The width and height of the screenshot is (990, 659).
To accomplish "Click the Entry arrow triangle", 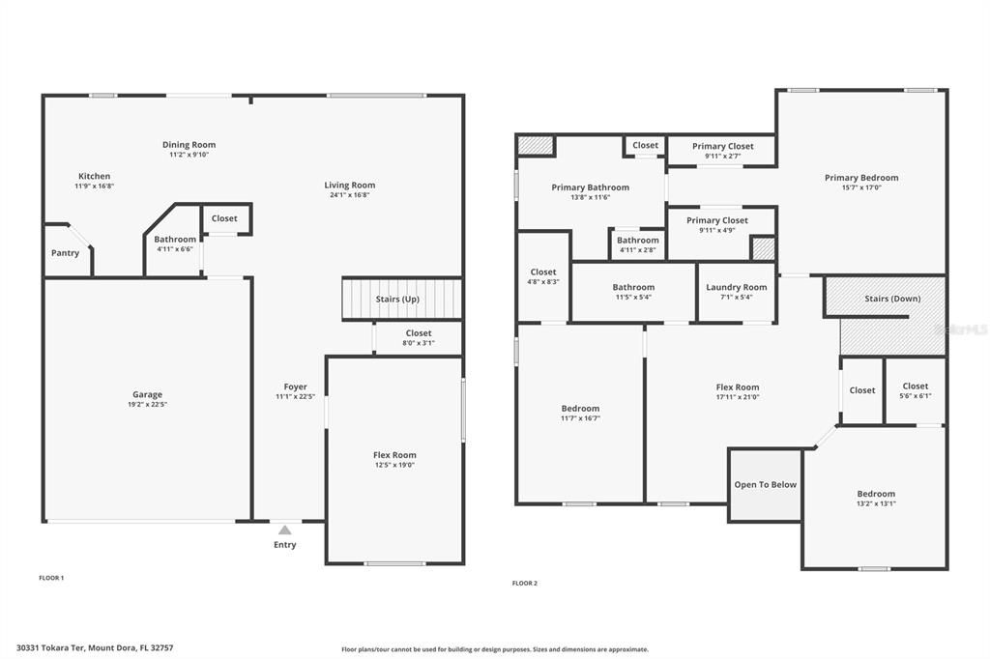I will coord(284,530).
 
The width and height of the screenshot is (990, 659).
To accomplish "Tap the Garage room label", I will coord(147,394).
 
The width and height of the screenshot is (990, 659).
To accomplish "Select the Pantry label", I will coord(65,253).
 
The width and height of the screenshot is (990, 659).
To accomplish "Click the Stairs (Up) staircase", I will coord(401,299).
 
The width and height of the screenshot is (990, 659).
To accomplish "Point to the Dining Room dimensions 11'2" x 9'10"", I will coord(189,155).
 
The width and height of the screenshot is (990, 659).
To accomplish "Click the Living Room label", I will coord(349,185).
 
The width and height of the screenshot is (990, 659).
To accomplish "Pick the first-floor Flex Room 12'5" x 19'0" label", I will coord(394,455).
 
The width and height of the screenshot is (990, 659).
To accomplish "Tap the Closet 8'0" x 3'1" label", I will coord(419,333).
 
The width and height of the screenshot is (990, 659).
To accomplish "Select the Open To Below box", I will coord(765,484).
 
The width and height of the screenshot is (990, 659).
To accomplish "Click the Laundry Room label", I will coord(736,287).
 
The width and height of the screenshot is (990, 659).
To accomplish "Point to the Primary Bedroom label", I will coord(860,178).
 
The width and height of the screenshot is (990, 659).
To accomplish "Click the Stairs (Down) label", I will coord(892,299).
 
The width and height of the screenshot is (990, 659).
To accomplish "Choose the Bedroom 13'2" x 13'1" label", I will coord(875,494).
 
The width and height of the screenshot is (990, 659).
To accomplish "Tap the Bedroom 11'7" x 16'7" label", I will coord(580,409).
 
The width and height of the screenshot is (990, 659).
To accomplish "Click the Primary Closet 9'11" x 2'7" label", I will coord(722,147).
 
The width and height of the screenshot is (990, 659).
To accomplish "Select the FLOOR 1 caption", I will coord(51,578).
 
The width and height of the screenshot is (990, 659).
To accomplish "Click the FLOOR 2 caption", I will coord(524,584).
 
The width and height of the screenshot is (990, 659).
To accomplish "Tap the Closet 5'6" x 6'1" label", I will coord(915,387).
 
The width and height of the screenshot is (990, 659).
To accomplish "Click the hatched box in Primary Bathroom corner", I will coord(535,145).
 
